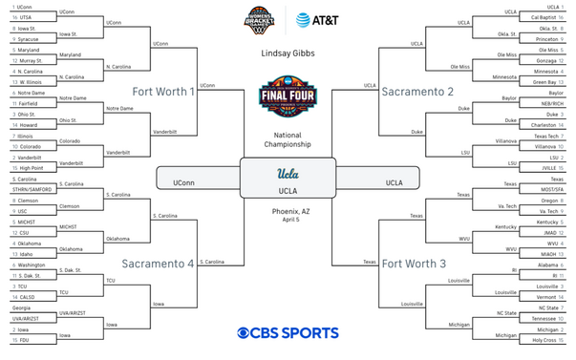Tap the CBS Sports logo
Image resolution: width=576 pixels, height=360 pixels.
point(288,333)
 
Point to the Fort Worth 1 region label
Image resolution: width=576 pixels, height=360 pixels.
point(164,92)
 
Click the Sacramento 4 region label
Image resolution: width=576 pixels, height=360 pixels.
point(158,262)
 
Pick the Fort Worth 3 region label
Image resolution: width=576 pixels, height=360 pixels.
point(415,262)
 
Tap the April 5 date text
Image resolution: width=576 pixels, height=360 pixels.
point(288,220)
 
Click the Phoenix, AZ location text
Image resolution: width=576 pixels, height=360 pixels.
point(288,210)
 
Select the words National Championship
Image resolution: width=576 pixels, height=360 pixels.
point(288,141)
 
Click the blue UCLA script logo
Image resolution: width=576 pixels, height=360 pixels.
point(288,175)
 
